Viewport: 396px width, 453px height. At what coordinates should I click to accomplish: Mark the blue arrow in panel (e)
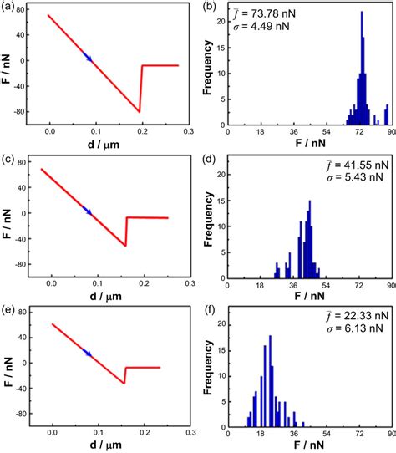[x=88, y=354]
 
